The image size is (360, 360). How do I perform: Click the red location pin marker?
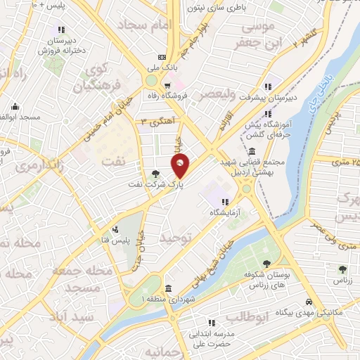[181, 167]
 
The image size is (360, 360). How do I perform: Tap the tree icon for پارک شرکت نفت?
[155, 174]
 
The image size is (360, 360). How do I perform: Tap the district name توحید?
[175, 238]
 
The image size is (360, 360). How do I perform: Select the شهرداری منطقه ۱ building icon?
[168, 289]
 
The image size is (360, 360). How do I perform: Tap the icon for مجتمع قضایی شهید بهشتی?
[252, 152]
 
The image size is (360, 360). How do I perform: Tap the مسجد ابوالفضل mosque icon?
[15, 108]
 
